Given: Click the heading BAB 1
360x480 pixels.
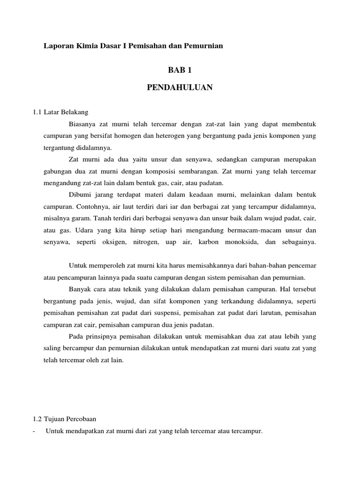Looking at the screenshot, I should click(x=180, y=70).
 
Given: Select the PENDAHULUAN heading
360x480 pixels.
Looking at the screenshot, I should click(x=180, y=88).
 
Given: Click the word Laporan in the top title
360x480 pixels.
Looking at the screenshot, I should click(x=56, y=46).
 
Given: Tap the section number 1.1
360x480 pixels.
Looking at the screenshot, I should click(x=37, y=112).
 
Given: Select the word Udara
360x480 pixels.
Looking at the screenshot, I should click(x=82, y=230).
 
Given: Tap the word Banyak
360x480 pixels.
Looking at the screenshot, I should click(x=79, y=289).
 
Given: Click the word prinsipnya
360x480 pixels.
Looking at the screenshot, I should click(x=101, y=336).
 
